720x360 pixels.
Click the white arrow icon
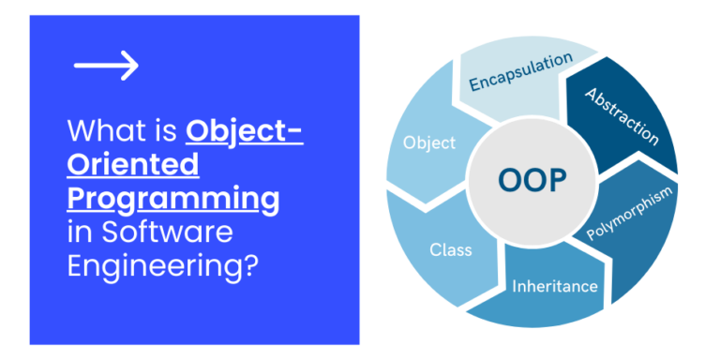tap(106, 65)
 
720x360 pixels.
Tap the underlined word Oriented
tap(132, 165)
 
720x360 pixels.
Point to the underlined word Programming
tap(172, 199)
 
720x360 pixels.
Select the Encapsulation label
tap(520, 72)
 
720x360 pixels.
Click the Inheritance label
tap(555, 286)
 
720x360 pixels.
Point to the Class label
tap(451, 250)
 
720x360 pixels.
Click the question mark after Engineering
tap(249, 265)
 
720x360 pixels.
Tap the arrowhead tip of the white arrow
tap(137, 65)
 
